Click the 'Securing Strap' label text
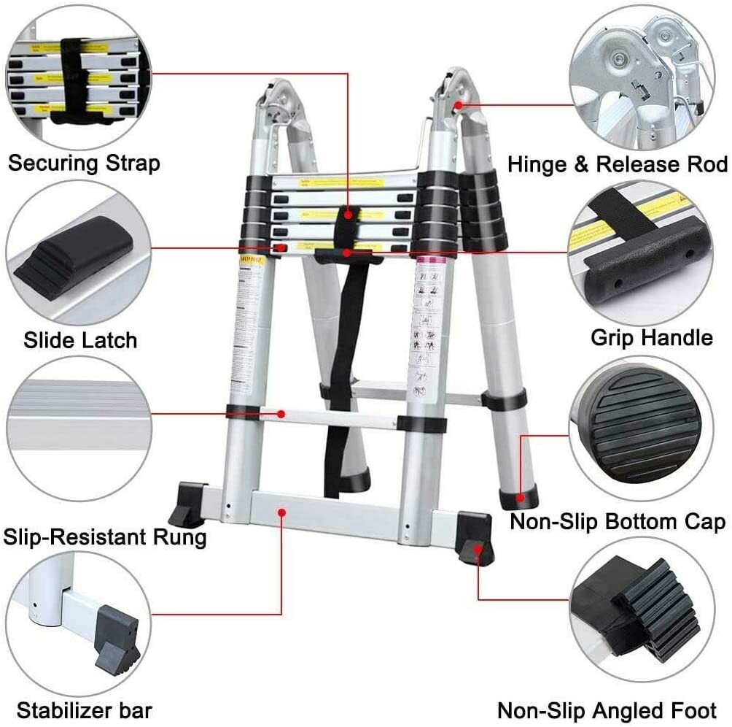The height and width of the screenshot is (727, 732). (84, 162)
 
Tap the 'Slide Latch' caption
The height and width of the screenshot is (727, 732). (80, 339)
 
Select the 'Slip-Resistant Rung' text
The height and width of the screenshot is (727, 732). (105, 538)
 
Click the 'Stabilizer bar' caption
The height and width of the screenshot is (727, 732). (85, 709)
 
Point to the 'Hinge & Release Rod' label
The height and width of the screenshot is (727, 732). (618, 164)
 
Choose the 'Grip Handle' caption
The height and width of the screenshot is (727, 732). (651, 337)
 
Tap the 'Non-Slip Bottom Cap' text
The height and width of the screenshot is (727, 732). (617, 521)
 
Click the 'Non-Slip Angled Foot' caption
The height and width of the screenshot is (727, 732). (607, 709)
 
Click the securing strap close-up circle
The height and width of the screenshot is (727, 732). (77, 73)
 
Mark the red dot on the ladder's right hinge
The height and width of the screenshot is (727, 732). (457, 105)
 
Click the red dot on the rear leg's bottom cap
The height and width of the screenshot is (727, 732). (521, 498)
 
